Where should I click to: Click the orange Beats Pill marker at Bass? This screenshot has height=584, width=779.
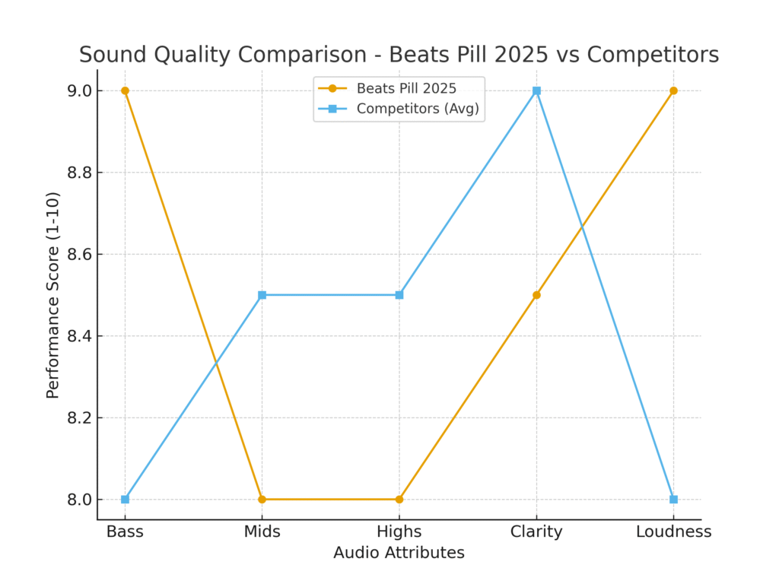125,90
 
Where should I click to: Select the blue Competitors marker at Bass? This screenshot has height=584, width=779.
125,500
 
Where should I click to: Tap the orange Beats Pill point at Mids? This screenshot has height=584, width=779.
262,500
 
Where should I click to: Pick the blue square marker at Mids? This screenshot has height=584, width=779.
262,295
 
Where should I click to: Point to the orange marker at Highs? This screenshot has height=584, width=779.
399,500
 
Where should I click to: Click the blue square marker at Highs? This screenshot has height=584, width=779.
399,295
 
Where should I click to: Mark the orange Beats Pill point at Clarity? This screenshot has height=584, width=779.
536,295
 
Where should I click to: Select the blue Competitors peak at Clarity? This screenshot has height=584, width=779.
536,90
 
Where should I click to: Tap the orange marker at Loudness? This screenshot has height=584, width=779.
673,90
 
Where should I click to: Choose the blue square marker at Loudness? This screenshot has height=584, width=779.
673,500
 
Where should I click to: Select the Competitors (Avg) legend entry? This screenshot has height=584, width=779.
418,109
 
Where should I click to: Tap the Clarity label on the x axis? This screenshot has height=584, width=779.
536,532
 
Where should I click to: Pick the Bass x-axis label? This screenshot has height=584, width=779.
125,532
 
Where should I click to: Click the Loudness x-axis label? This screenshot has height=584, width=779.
673,532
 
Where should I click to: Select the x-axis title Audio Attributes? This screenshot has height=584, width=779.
399,553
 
